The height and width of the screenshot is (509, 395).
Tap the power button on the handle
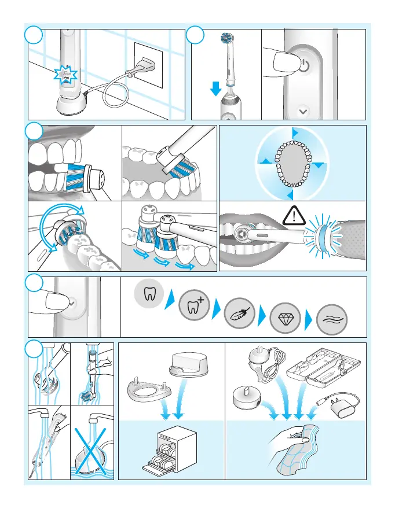click(304, 66)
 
